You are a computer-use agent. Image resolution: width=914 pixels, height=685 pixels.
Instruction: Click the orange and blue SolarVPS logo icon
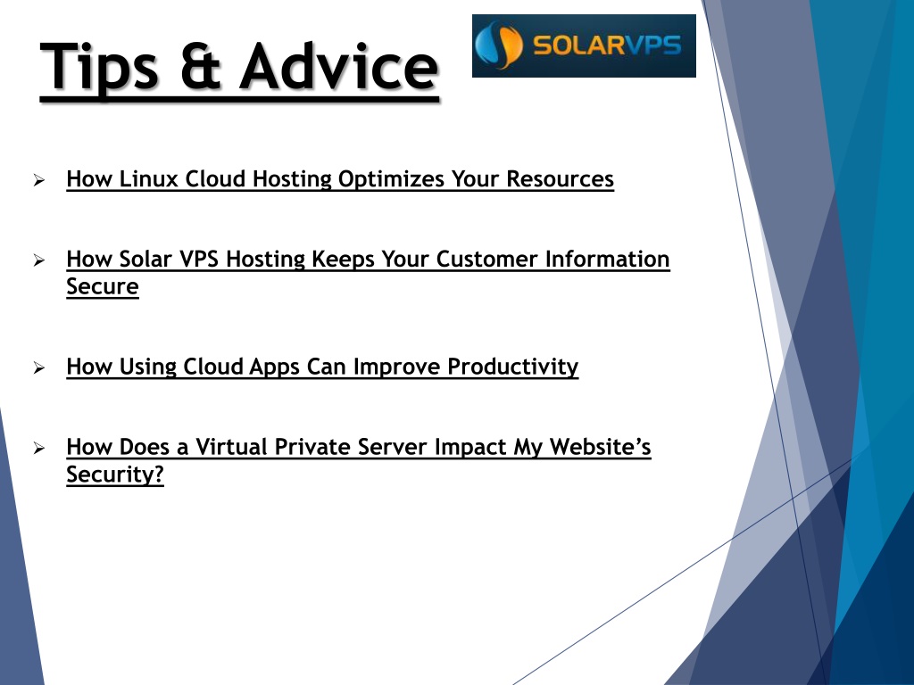(498, 45)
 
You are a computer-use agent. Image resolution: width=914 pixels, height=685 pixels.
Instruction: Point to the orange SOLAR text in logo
(578, 45)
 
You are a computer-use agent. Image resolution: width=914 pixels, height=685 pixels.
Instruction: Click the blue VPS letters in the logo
(652, 45)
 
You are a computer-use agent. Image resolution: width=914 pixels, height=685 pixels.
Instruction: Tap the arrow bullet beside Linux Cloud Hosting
(39, 180)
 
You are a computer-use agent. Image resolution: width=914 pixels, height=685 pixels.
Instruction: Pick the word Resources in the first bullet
(561, 178)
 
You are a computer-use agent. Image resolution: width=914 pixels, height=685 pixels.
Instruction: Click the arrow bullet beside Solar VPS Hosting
(39, 260)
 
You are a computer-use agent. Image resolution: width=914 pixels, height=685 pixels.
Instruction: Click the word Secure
(103, 286)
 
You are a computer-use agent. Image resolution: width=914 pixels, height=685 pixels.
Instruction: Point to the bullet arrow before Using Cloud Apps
(39, 367)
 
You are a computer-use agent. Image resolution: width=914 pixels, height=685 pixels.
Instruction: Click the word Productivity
(513, 367)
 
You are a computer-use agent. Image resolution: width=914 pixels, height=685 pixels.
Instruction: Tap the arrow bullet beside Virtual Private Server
(39, 448)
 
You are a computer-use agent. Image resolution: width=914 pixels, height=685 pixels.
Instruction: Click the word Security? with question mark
(115, 475)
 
